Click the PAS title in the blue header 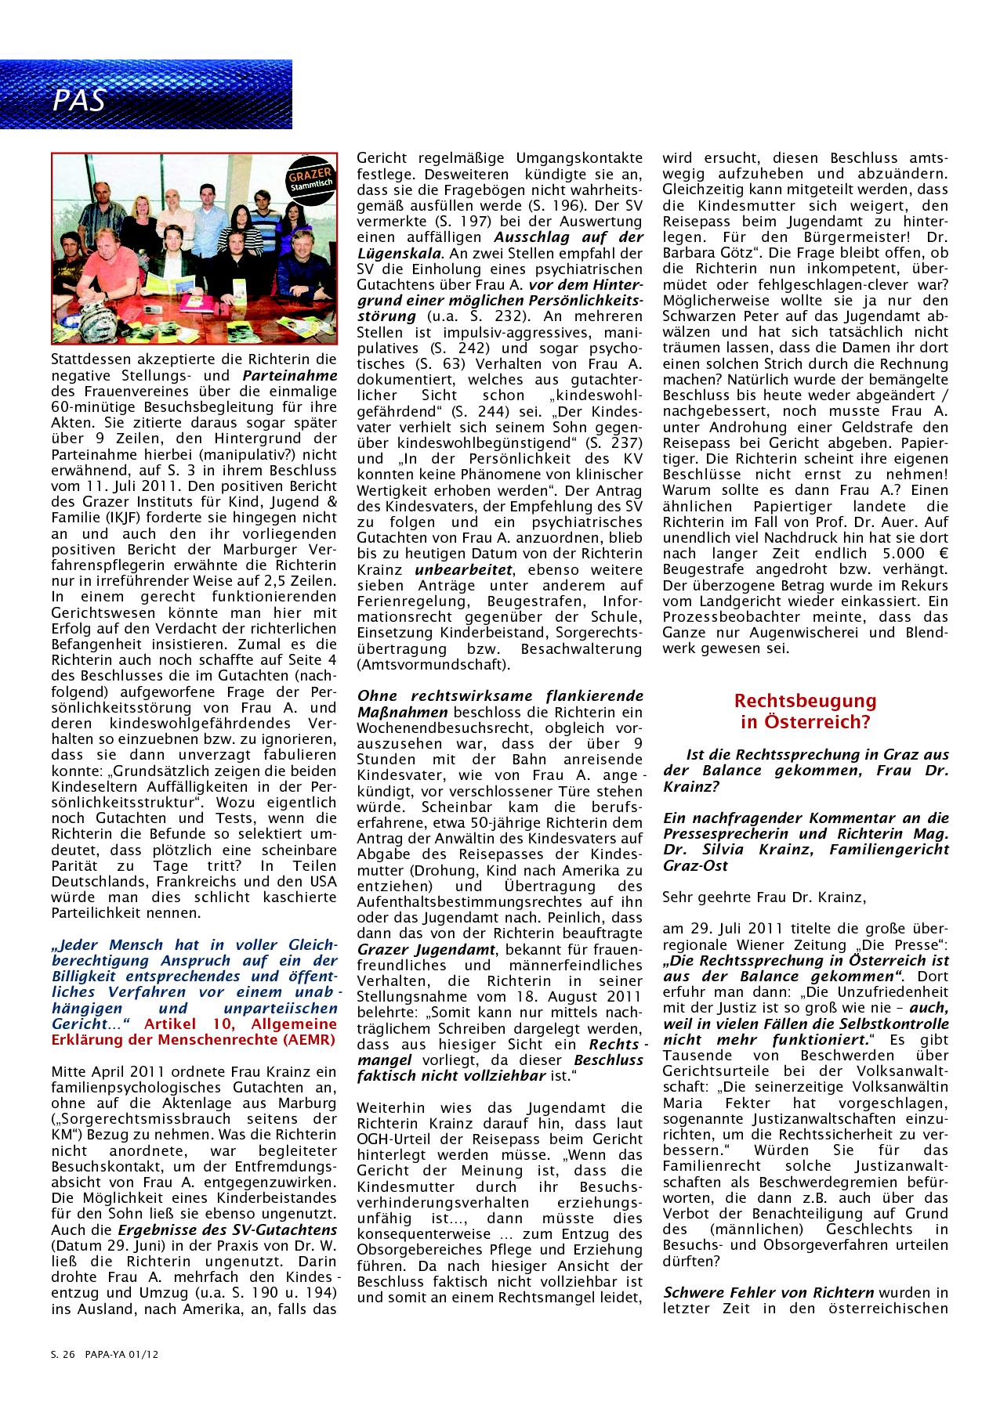click(x=79, y=100)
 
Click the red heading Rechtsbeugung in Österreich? click(x=805, y=710)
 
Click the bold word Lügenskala click(x=398, y=252)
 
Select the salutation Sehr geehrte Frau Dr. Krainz click(x=764, y=896)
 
